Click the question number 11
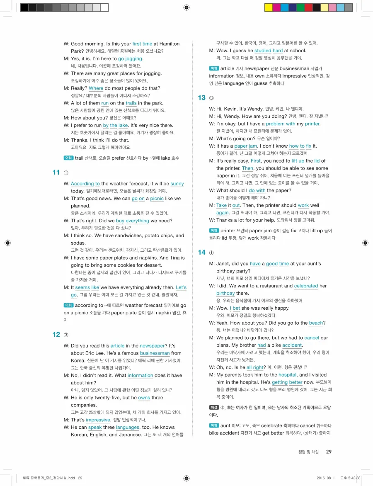[56, 173]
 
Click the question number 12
[56, 335]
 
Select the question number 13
[202, 98]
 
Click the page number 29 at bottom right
[329, 452]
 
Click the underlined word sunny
[177, 184]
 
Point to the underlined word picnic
[157, 199]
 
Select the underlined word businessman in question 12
[155, 353]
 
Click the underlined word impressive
[98, 420]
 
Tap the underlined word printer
[312, 124]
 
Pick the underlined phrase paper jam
[246, 146]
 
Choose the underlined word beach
[316, 323]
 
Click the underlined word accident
[292, 345]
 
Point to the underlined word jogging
[134, 58]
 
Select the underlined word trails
[131, 103]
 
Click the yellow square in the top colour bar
[268, 7]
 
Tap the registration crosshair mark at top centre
[186, 7]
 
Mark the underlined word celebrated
[306, 286]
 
